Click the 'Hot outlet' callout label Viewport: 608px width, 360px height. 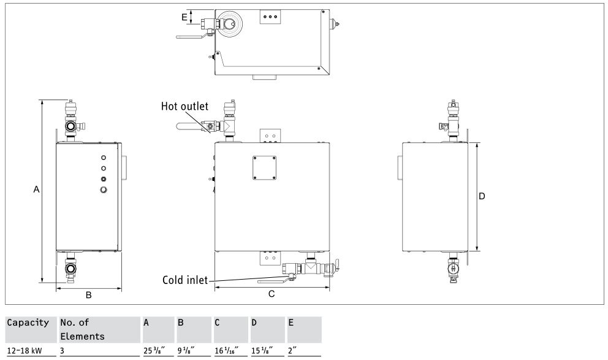click(x=184, y=106)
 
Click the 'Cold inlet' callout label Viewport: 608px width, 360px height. click(x=185, y=280)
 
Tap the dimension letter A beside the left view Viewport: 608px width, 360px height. click(x=36, y=190)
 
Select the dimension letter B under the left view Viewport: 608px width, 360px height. click(x=89, y=295)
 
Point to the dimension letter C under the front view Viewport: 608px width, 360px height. click(x=272, y=294)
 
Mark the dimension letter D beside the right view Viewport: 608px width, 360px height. click(x=482, y=196)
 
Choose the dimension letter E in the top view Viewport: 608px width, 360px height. click(x=184, y=17)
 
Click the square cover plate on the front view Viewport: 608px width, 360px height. click(x=264, y=168)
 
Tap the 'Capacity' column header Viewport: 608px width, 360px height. click(x=28, y=323)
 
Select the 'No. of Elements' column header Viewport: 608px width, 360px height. click(x=82, y=329)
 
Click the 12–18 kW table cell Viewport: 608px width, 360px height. click(x=25, y=351)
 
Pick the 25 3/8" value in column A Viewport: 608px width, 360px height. click(x=154, y=351)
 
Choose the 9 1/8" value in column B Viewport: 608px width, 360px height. click(x=186, y=351)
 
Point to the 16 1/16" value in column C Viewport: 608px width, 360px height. click(x=226, y=351)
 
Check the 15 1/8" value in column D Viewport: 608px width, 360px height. click(x=262, y=351)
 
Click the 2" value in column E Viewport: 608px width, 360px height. click(x=292, y=351)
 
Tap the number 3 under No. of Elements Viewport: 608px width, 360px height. click(x=62, y=351)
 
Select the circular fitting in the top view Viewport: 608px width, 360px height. click(x=230, y=24)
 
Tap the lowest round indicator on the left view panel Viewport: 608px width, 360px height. click(x=104, y=190)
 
